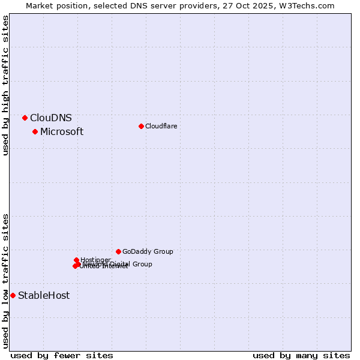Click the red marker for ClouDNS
coord(25,118)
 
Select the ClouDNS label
coord(51,118)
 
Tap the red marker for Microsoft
coord(35,131)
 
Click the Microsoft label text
coord(62,131)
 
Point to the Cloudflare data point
coord(141,126)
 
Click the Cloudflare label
coord(161,126)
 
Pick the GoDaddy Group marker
coord(118,251)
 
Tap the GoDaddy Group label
coord(148,251)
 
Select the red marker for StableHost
coord(13,295)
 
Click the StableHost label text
coord(44,295)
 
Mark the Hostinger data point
coord(76,260)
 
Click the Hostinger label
coord(95,260)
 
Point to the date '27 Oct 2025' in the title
coord(251,5)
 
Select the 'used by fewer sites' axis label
coord(62,355)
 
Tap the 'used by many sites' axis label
coord(301,355)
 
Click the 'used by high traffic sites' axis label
coord(6,85)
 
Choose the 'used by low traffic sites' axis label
coord(6,281)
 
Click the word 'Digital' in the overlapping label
coord(120,264)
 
